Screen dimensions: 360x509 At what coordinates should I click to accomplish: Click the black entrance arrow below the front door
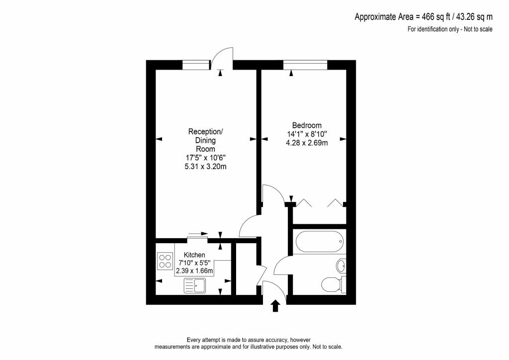[276, 305]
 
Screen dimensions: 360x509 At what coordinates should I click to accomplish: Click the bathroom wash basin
[341, 266]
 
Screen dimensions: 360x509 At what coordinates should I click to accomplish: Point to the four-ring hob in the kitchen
[165, 261]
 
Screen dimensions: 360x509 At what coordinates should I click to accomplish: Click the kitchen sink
[195, 285]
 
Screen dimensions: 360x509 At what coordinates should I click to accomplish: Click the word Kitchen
[194, 255]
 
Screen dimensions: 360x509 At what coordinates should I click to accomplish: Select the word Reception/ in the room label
[205, 132]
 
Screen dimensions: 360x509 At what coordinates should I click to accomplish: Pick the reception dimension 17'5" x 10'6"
[205, 158]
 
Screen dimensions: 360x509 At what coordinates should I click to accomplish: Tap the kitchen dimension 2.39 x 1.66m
[194, 271]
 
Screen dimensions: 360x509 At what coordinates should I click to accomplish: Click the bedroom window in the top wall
[305, 65]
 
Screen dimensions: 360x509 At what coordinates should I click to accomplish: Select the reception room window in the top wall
[196, 65]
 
